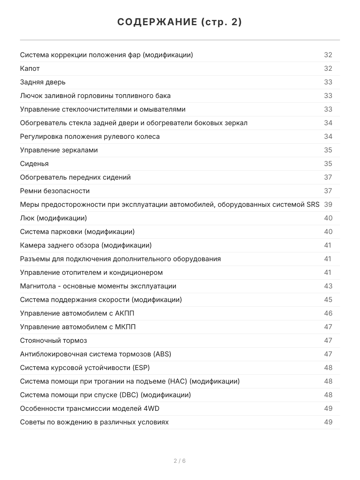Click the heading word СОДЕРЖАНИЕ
click(156, 22)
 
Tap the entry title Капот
click(30, 68)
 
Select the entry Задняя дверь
click(43, 82)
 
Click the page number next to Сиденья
click(328, 164)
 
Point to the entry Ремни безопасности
click(55, 191)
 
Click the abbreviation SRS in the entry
click(313, 204)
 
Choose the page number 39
click(328, 204)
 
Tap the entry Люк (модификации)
click(53, 218)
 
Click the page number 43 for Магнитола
click(328, 286)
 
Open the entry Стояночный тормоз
click(53, 340)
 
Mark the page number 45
click(328, 300)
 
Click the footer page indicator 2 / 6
click(180, 461)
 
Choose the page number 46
click(328, 313)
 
